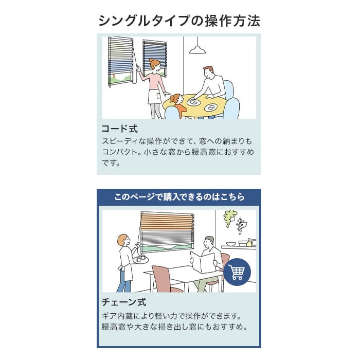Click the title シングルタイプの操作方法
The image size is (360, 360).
coord(179,21)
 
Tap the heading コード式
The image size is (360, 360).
coord(120,129)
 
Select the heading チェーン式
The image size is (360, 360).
coord(124,302)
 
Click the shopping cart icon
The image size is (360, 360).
coord(237,272)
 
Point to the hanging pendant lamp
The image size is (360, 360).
coord(197,49)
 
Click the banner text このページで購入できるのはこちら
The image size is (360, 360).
coord(179,197)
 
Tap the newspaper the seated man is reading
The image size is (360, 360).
coord(203,262)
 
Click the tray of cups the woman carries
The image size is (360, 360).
coord(141,259)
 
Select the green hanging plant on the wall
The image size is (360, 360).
coord(229,218)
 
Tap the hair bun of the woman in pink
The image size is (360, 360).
coord(151,60)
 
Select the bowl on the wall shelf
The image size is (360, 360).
coord(230,244)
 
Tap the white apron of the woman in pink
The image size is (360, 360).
coord(153,97)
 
